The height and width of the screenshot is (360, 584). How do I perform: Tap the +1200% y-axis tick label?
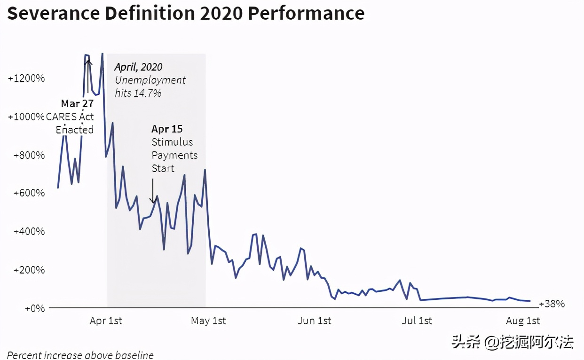point(26,78)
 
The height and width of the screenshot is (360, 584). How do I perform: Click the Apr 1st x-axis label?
point(106,321)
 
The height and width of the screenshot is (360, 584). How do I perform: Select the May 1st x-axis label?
point(208,321)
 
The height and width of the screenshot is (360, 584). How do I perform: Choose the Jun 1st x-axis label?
point(314,321)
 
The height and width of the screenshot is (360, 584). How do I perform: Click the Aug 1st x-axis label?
point(523,321)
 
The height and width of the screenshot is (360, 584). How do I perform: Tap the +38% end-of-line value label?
point(552,304)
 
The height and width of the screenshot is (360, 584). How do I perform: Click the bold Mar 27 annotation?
point(77,103)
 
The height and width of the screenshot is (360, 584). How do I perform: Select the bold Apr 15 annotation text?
point(167,129)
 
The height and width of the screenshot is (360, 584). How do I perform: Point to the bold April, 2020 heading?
point(139,67)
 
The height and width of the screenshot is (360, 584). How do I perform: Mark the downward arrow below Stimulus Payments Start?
point(152,191)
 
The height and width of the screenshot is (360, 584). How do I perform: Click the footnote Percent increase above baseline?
point(80,355)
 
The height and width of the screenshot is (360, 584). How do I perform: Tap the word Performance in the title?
point(306,13)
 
